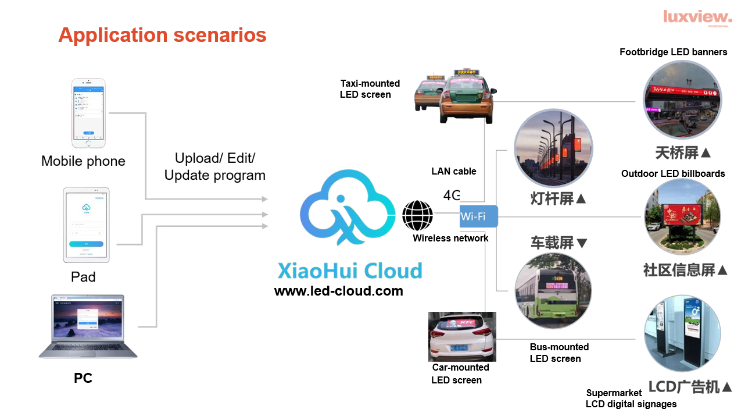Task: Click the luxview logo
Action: pos(697,17)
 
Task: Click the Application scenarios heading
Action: pos(162,35)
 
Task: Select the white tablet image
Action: pos(86,225)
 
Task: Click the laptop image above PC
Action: pos(88,326)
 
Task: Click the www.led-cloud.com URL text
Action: pos(338,291)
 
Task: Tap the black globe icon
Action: pos(417,216)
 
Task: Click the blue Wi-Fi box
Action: pos(478,216)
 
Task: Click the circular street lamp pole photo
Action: pos(553,149)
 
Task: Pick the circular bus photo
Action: pos(553,290)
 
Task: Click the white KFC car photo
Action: pos(462,337)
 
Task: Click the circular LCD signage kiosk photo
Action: pos(682,333)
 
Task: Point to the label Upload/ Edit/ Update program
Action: pos(215,166)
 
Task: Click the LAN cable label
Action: pos(453,171)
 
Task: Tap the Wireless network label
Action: pos(450,238)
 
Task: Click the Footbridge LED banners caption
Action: pos(673,52)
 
